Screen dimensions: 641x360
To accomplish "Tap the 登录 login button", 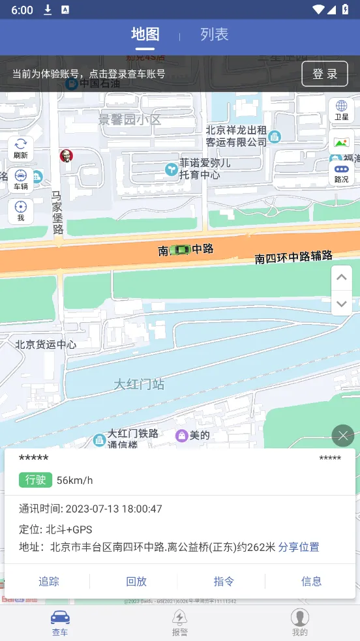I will coord(325,74).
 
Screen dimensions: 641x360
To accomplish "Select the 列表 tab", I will coord(214,35).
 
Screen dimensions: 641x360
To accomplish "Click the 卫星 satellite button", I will coord(341,110).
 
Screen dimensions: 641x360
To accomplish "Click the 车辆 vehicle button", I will coord(21,180).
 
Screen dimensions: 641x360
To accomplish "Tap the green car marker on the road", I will coord(179,249).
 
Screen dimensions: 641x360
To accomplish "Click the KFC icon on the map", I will coord(66,155).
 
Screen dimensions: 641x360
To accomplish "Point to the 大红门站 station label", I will coord(139,384).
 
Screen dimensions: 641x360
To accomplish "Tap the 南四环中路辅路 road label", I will coord(293,257).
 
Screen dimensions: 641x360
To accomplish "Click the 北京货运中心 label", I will coord(46,344).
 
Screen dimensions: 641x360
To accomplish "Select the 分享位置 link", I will coord(299,547).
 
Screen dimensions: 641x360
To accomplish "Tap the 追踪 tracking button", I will coord(49,581).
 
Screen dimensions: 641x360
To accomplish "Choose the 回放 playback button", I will coord(136,581).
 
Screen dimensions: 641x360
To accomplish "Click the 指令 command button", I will coord(224,581).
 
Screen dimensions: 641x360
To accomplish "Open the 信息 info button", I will coord(311,581).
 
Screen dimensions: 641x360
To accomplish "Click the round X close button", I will coord(342,435).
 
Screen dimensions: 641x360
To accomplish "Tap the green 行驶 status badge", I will coord(35,480).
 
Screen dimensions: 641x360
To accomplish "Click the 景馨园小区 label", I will coord(129,120).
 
